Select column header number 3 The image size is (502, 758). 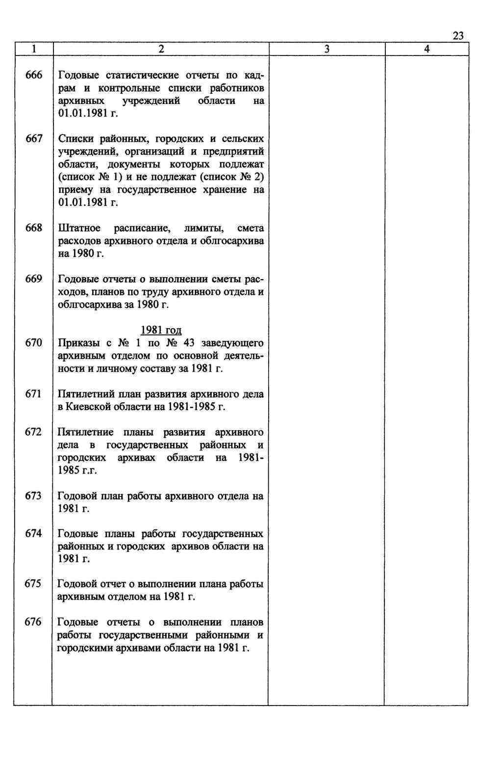click(x=327, y=49)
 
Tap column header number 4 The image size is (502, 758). click(x=427, y=49)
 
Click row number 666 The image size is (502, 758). click(x=34, y=75)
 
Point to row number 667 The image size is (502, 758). click(x=34, y=139)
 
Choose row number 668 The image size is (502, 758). click(x=34, y=228)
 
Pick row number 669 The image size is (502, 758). click(x=34, y=279)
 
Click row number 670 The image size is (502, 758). click(x=34, y=342)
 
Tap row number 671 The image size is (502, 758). click(x=34, y=393)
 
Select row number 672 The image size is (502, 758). click(x=34, y=432)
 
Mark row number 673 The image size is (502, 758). click(x=34, y=496)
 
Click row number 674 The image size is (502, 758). click(x=34, y=533)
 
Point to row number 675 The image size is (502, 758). click(x=34, y=584)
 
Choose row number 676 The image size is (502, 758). click(x=34, y=622)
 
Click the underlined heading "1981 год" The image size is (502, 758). click(x=161, y=330)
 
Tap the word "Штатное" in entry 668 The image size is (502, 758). click(x=79, y=228)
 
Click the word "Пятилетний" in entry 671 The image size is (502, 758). click(x=86, y=394)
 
